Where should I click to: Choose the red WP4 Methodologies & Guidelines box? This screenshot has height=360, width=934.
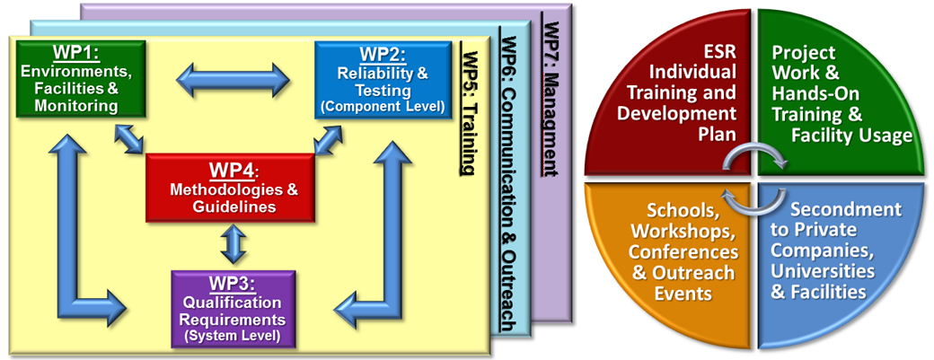coord(230,188)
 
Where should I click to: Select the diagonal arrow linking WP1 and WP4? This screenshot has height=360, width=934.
coord(131,139)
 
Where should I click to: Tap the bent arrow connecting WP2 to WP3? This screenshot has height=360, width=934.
coord(382,242)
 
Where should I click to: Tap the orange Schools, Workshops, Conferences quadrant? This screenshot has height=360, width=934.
coord(683,251)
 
